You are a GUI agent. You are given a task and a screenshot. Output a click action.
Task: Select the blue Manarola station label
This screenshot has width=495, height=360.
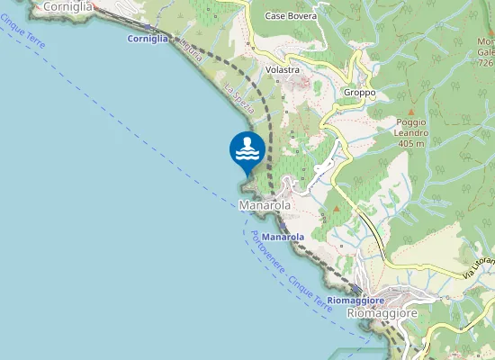[x=283, y=237]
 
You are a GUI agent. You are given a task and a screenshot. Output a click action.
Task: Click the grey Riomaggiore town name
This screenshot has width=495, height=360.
[x=382, y=314]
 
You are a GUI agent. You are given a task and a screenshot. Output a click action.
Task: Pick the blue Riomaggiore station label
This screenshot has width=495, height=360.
[x=355, y=300]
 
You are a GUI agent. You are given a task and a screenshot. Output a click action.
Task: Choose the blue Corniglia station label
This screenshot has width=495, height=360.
[x=148, y=40]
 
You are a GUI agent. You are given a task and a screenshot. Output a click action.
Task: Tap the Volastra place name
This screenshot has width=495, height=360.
[x=282, y=70]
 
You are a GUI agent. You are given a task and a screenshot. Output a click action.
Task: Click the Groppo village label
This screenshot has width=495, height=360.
[x=358, y=94]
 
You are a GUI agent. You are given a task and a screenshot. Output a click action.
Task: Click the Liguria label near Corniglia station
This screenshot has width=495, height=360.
[x=191, y=50]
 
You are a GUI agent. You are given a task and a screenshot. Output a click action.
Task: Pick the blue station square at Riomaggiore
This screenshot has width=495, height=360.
[x=360, y=290]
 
